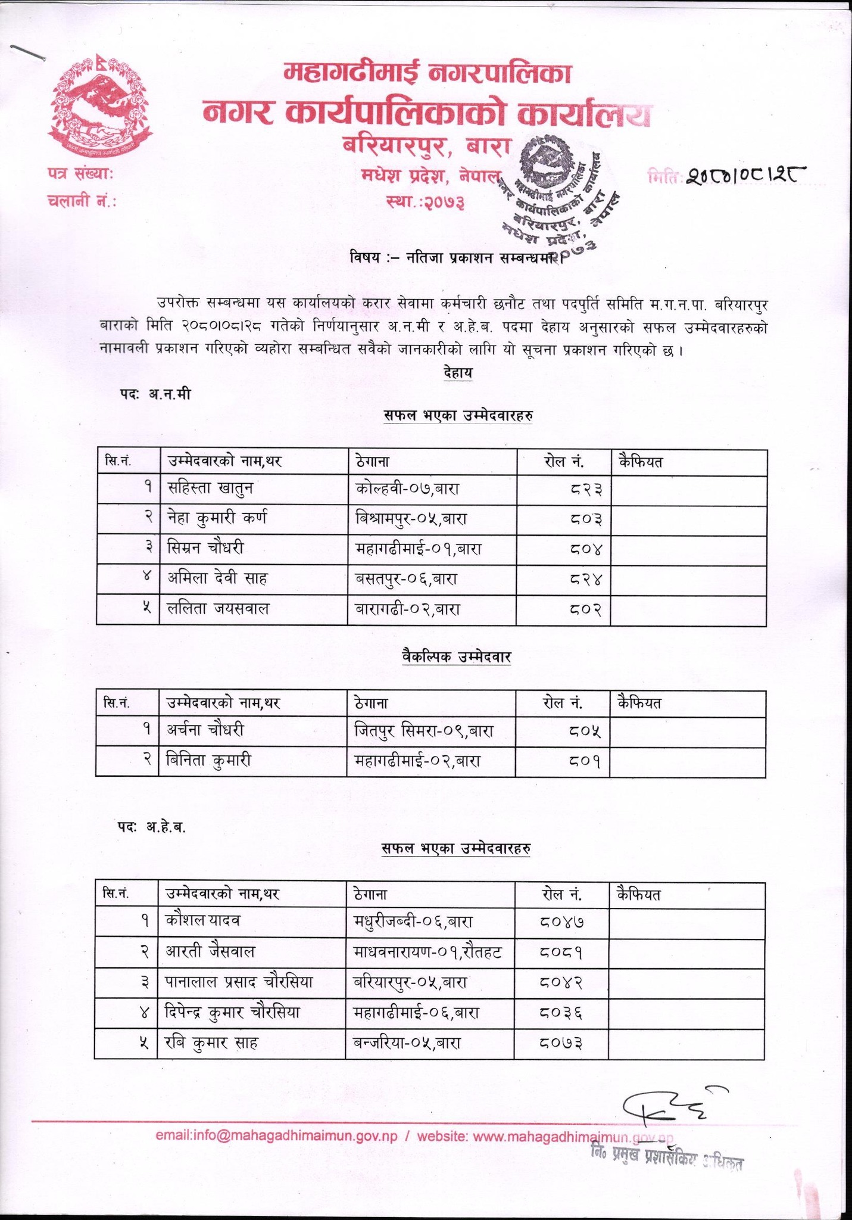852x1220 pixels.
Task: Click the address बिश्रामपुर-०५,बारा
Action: pyautogui.click(x=410, y=519)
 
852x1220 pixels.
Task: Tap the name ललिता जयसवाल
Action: pyautogui.click(x=219, y=609)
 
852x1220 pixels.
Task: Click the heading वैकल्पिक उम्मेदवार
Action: pyautogui.click(x=456, y=657)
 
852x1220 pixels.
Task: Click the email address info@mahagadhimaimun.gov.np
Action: pyautogui.click(x=276, y=1137)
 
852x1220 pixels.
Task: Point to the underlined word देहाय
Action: pyautogui.click(x=457, y=374)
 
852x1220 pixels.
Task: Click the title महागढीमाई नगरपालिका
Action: pyautogui.click(x=426, y=73)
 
